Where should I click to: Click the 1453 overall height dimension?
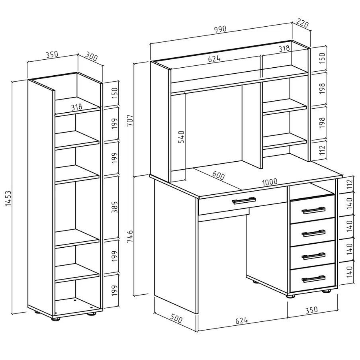tap(8, 198)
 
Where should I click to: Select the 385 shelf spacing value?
tap(114, 207)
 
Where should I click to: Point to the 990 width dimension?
tap(220, 29)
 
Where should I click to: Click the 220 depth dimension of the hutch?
tap(303, 23)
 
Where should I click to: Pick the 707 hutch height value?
tap(130, 120)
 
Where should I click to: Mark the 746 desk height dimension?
tap(130, 237)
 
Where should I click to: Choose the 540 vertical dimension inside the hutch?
tap(181, 137)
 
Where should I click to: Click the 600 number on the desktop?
tap(218, 175)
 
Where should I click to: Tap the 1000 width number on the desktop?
tap(270, 182)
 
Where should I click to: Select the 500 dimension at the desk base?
tap(176, 319)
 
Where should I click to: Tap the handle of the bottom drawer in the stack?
tap(313, 279)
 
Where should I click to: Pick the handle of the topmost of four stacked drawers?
tap(313, 210)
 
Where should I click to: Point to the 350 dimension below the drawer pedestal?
tap(311, 310)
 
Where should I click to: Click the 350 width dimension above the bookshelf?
tap(52, 55)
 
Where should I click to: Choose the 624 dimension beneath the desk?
tap(242, 320)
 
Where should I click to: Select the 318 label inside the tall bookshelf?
tap(76, 107)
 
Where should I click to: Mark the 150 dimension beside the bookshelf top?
tap(114, 93)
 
